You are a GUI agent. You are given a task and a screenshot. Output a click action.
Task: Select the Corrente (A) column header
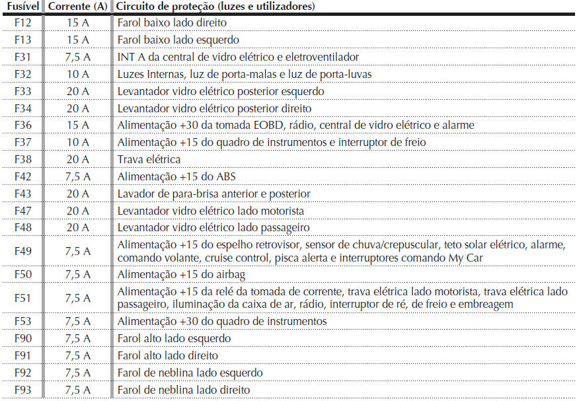77,7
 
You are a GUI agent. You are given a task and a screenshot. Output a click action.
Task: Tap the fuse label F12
22,23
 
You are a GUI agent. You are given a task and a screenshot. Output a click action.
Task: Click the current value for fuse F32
77,75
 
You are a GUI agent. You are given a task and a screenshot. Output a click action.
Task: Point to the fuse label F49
22,251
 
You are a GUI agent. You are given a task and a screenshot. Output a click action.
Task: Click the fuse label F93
22,390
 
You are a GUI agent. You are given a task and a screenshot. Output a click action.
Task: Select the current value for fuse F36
77,126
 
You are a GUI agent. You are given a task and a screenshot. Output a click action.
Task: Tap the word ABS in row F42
225,177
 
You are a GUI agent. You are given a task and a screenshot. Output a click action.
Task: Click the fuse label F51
22,298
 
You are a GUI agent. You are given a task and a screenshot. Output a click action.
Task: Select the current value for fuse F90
77,339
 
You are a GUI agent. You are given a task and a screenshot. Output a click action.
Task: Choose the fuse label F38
22,160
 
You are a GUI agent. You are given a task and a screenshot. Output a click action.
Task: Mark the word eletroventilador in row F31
318,57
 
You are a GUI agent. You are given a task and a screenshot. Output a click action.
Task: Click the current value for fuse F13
77,40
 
